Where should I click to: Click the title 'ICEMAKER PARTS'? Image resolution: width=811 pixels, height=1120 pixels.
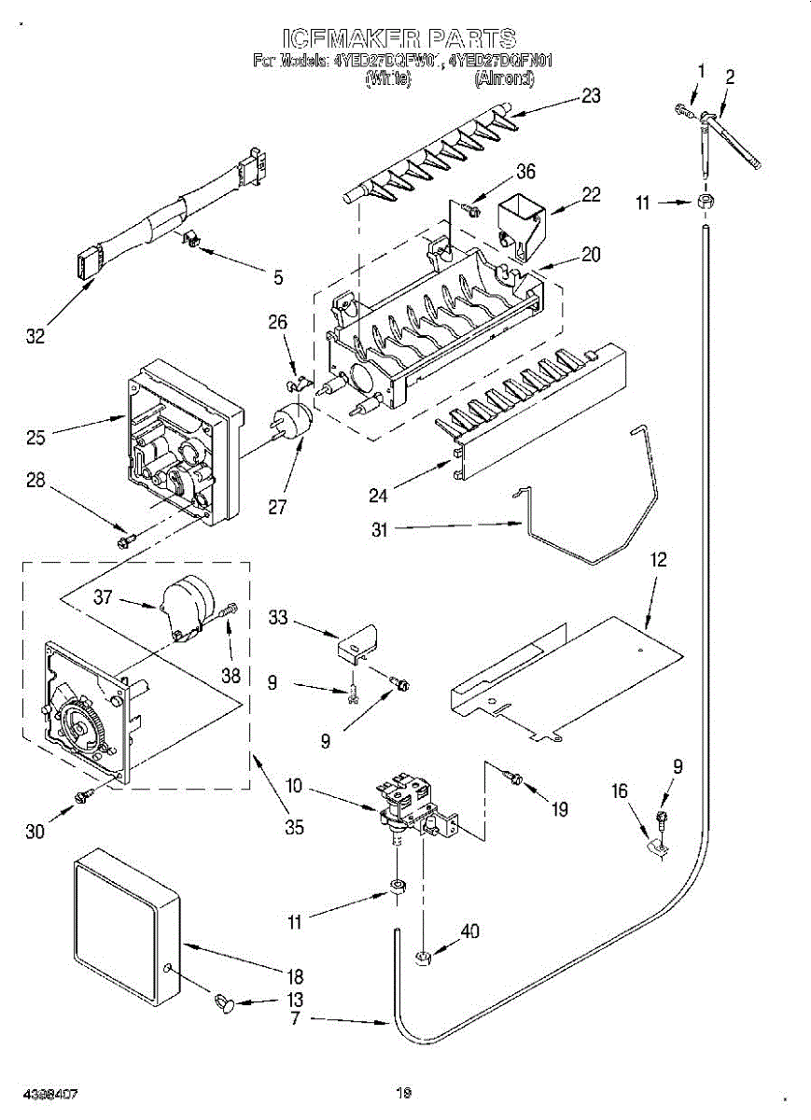coord(399,38)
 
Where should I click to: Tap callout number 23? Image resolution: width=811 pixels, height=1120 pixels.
coord(590,95)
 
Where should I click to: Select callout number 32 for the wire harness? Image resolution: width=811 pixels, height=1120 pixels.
coord(35,337)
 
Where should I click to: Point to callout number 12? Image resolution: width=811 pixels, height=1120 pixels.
coord(659,561)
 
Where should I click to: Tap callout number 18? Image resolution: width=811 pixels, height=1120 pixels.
coord(295,977)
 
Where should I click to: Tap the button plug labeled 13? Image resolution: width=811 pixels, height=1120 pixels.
coord(226,1003)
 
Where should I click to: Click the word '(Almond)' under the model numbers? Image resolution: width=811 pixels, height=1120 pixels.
coord(505,79)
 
